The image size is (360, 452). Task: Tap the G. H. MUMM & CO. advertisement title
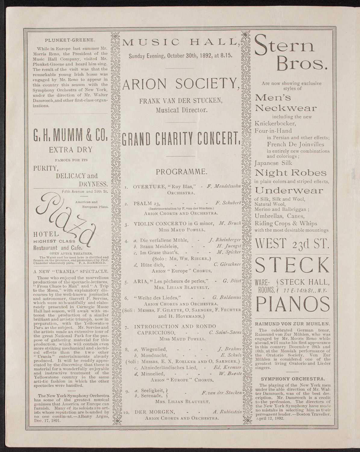(70, 135)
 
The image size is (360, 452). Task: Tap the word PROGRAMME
(181, 172)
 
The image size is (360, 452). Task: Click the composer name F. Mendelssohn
(224, 186)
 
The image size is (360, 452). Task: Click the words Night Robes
(290, 173)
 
